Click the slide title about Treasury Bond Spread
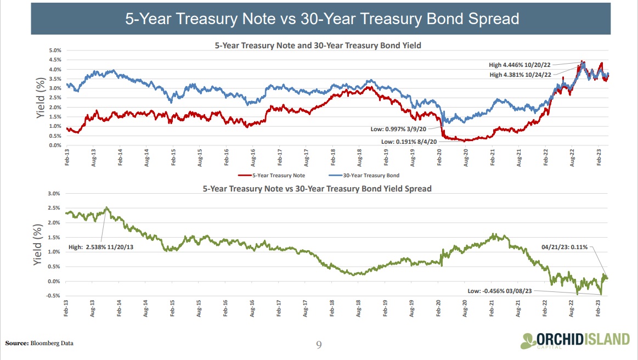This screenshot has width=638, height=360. coord(322,19)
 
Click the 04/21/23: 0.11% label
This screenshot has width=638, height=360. coord(565,247)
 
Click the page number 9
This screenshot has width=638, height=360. coord(319,345)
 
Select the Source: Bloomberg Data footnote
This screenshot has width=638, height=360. coord(39,343)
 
